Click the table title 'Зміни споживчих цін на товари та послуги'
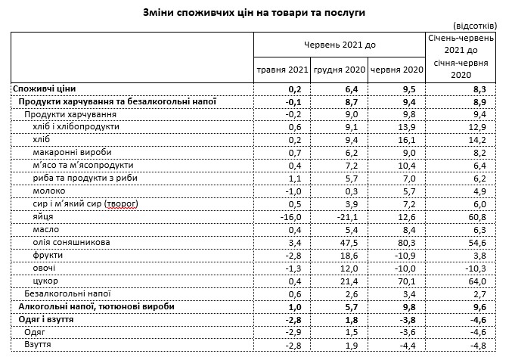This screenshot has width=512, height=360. click(256, 13)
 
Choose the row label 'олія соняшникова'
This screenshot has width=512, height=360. click(73, 242)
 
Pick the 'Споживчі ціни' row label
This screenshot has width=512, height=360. click(45, 88)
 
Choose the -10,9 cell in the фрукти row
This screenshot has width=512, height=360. click(406, 255)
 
